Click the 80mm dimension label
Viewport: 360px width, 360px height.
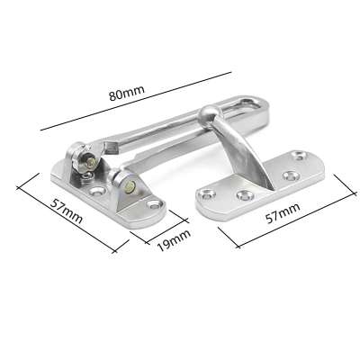tap(127, 93)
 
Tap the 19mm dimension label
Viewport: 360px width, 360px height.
tap(174, 240)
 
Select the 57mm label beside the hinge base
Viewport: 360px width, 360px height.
tap(67, 211)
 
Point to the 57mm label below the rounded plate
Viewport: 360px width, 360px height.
tap(283, 212)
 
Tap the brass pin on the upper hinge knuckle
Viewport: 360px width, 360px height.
tap(90, 162)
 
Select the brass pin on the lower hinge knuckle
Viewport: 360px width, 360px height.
tap(130, 188)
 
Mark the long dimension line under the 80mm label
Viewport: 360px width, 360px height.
tap(136, 101)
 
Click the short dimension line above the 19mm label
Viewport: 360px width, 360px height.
tap(167, 227)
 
